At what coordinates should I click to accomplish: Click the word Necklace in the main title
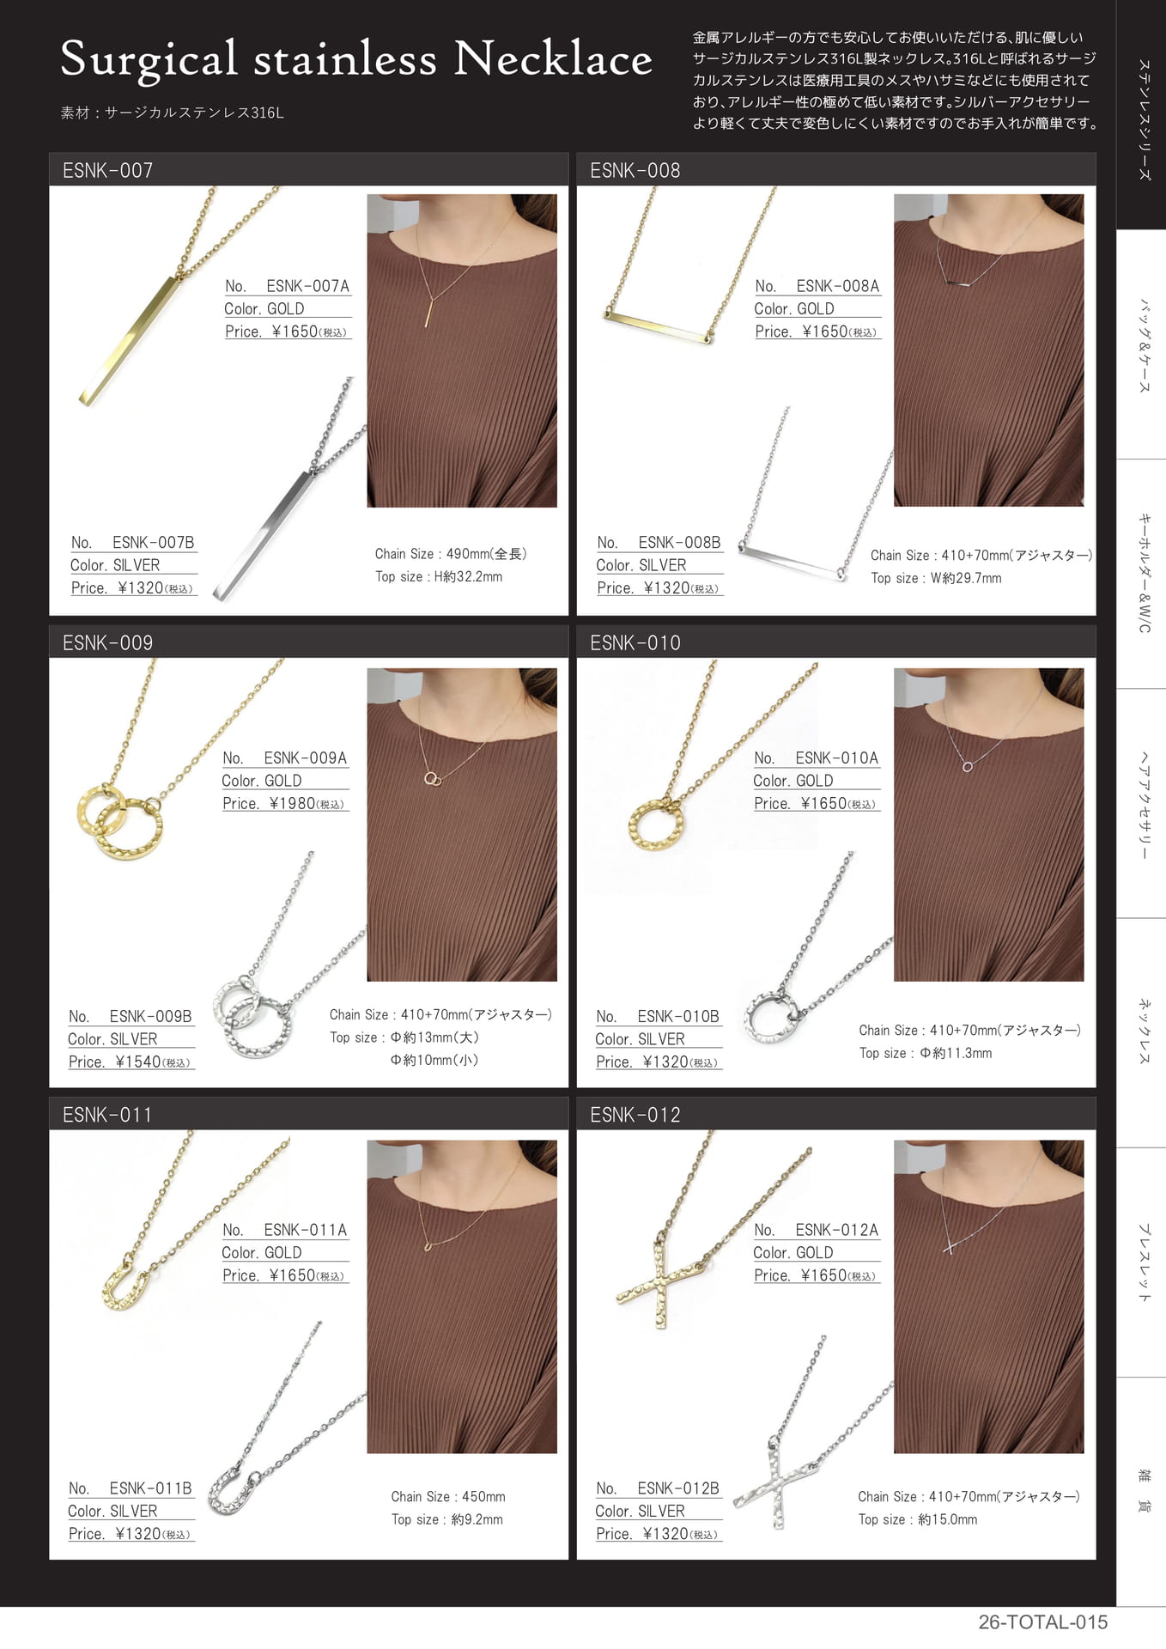pos(553,58)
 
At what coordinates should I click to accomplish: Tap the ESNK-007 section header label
pos(107,170)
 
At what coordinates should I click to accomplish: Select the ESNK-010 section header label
pos(635,642)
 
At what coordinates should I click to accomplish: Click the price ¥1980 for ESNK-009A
pos(292,803)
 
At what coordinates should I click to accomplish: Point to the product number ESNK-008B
pos(679,542)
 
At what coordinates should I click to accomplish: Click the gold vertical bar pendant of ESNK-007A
pos(129,340)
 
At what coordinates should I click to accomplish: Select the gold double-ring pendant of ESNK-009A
pos(118,821)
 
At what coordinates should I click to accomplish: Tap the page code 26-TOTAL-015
pos(1042,1622)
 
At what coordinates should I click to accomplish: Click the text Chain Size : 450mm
pos(448,1496)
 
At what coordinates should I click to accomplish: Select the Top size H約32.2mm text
pos(439,576)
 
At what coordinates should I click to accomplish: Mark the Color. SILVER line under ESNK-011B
pos(112,1511)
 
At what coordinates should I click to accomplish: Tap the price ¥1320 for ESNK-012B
pos(665,1533)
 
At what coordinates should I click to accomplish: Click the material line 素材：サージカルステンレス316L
pos(172,113)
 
